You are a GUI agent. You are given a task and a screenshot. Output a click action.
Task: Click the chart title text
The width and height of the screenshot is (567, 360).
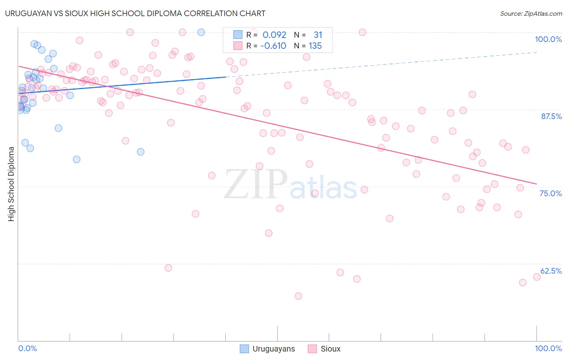coord(135,13)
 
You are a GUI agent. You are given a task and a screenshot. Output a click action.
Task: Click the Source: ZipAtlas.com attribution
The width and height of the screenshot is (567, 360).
coord(531,13)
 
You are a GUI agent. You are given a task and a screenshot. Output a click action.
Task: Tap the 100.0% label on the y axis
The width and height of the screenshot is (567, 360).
coord(548,39)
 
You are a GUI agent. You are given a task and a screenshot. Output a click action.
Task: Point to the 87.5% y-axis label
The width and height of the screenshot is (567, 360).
coord(551,116)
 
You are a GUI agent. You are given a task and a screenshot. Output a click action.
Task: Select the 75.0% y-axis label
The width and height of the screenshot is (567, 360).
coord(550,193)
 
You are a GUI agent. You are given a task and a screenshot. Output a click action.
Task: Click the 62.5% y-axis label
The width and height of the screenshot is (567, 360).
coord(551,271)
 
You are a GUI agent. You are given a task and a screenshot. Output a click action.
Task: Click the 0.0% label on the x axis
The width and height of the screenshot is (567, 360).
coord(27,348)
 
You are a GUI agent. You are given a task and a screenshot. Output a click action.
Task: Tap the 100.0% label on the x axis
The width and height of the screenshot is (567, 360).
coord(548,348)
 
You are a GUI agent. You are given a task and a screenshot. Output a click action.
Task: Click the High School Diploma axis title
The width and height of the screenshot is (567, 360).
coord(11,184)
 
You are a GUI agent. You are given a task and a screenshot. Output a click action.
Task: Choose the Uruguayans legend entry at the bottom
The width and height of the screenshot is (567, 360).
coord(267,349)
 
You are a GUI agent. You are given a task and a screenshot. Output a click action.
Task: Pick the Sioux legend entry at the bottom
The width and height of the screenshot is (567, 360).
coord(324,349)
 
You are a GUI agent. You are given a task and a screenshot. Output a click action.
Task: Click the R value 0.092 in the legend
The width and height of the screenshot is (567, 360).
coord(274,35)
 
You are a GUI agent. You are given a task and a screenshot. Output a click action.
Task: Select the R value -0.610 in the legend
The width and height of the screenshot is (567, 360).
coord(273,46)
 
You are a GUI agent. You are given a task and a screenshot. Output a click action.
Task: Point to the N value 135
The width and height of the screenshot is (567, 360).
coord(315,46)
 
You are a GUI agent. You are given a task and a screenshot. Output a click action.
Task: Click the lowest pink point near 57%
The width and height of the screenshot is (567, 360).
coord(298,296)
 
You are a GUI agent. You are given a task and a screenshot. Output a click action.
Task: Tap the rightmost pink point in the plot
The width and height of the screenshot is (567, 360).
coord(536,277)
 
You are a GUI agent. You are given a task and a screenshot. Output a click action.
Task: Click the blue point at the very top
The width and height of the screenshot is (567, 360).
coord(201,32)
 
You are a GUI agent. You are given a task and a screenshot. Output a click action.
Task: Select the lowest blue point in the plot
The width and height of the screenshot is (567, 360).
coord(77,159)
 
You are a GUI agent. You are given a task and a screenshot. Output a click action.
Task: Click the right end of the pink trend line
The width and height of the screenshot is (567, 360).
coord(536,184)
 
